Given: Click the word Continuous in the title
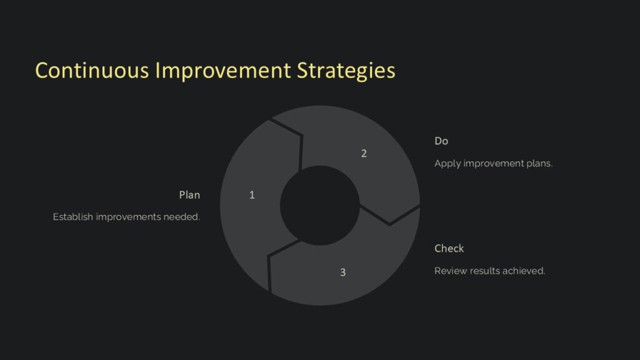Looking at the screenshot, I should [x=92, y=70].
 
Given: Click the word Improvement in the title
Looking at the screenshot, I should [x=222, y=70].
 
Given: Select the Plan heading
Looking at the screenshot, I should [x=189, y=195].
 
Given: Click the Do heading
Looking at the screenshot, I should [x=441, y=141].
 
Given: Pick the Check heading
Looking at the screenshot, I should [x=449, y=249].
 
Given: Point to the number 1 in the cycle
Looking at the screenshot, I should [x=252, y=195].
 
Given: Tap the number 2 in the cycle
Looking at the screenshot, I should [x=364, y=153].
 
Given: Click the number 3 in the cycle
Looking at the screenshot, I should [x=342, y=272].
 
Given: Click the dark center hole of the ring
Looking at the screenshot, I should [x=319, y=205].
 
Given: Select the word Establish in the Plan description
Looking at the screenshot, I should [x=72, y=217].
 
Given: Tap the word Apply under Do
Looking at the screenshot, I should [x=447, y=164].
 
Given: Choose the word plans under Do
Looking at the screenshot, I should [x=539, y=164].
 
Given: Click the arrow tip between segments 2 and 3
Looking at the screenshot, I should [x=390, y=224].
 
